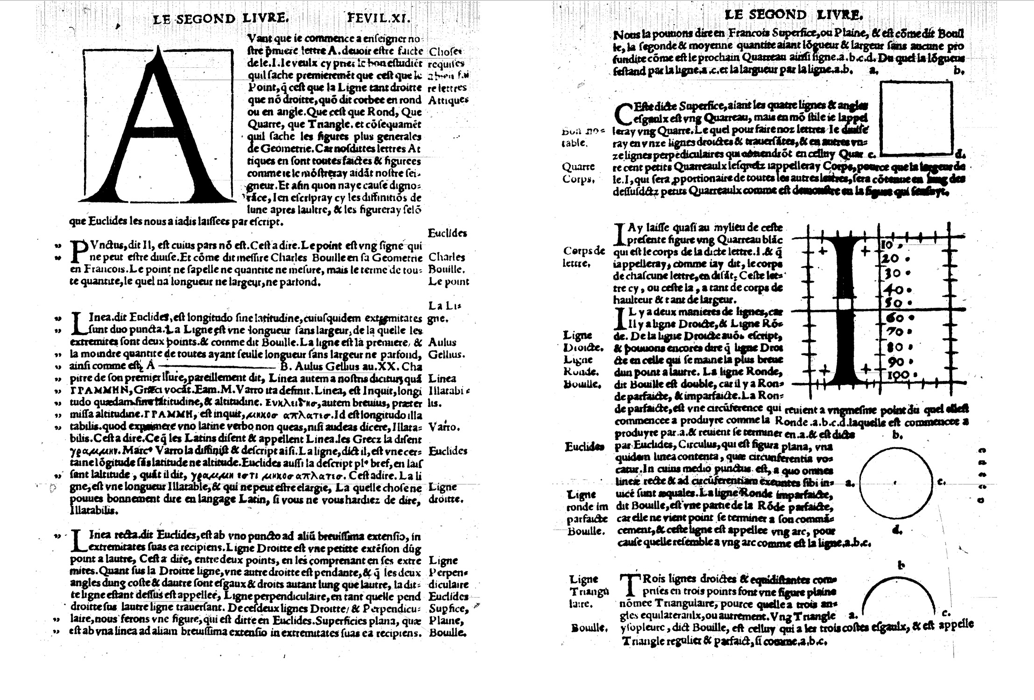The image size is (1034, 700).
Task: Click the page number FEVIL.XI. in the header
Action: [378, 18]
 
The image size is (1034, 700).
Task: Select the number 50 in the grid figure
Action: [893, 302]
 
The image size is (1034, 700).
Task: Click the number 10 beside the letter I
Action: [887, 245]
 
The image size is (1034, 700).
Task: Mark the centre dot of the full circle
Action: [894, 483]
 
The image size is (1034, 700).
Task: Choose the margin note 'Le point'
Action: [448, 281]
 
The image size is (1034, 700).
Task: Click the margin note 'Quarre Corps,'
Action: [578, 173]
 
